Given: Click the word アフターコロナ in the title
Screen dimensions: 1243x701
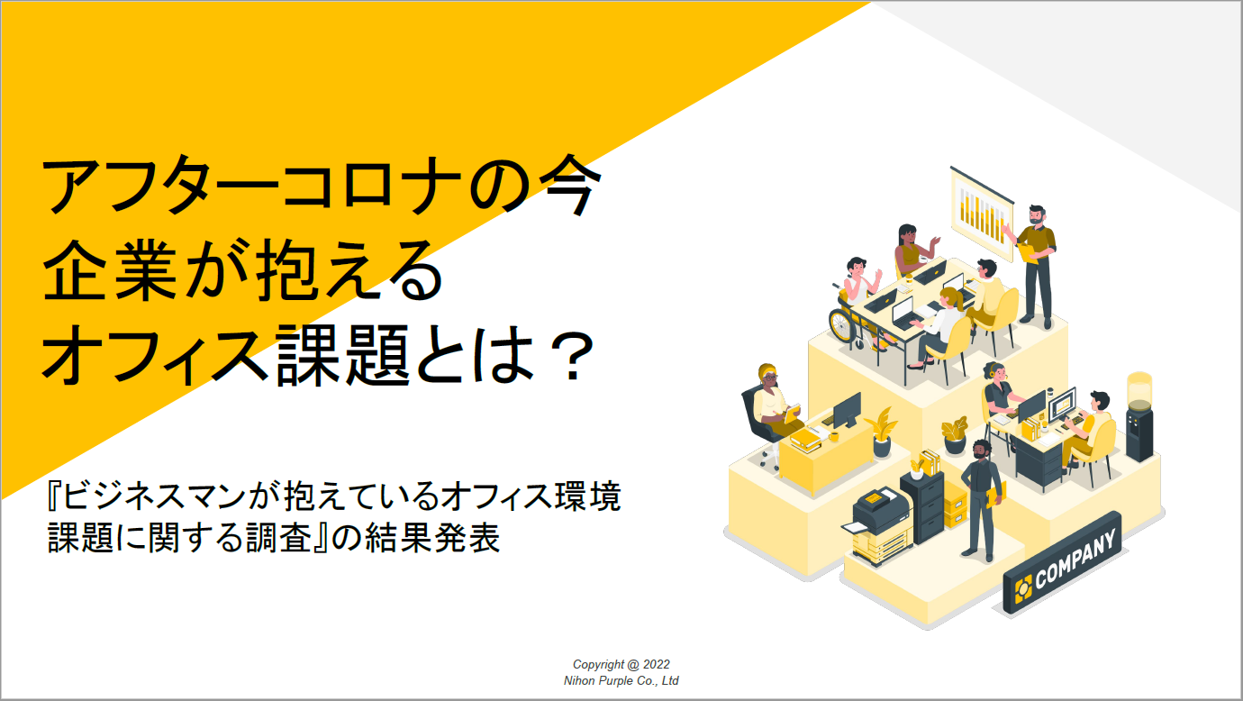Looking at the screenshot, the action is [x=251, y=187].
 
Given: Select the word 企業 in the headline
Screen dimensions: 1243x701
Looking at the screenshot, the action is [x=110, y=271].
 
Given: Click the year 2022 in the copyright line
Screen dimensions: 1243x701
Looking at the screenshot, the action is [x=657, y=664].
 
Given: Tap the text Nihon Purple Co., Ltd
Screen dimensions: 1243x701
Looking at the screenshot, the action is [x=621, y=680].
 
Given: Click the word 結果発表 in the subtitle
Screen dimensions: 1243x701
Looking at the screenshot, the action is [x=432, y=538].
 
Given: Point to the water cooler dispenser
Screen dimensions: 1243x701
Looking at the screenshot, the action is [x=1139, y=416].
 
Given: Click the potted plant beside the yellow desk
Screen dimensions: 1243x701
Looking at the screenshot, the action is [x=882, y=432].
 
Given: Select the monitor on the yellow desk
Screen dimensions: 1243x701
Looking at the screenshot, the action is [x=847, y=411].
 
